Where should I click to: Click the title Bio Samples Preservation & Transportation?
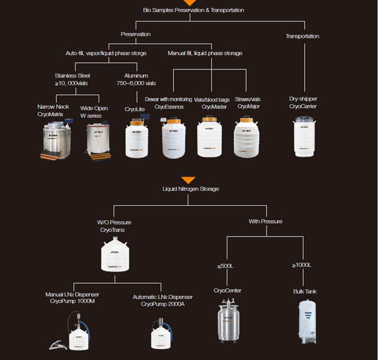[193, 10]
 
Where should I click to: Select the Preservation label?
[136, 34]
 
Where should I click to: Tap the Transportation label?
[302, 36]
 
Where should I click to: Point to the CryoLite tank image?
[137, 139]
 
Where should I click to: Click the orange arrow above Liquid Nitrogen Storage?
[188, 179]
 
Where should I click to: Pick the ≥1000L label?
[302, 265]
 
